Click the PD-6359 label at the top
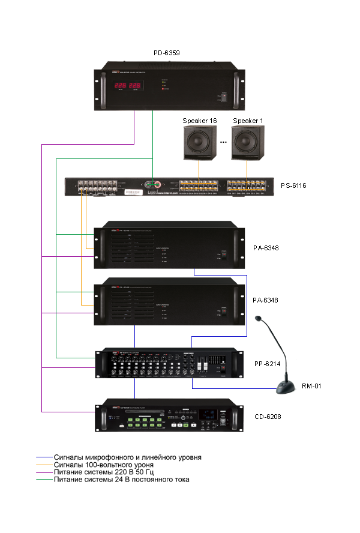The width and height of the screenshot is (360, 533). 167,53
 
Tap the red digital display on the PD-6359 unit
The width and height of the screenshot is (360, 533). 128,86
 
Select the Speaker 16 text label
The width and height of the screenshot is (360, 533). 200,121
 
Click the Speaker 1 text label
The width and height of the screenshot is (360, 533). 248,121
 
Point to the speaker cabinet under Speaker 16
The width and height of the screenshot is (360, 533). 200,143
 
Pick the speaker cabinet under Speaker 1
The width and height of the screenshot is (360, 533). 248,143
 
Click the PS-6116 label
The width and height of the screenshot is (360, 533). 293,186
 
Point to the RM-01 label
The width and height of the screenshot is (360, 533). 311,386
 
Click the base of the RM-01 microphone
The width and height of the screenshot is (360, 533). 286,388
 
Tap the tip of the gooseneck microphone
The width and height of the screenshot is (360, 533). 259,319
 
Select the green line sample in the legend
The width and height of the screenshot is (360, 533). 44,480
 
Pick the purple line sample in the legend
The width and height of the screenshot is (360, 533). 44,472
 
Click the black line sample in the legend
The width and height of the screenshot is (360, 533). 44,457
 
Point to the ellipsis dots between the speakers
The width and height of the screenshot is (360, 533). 223,143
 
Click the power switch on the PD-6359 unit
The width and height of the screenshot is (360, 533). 223,98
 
